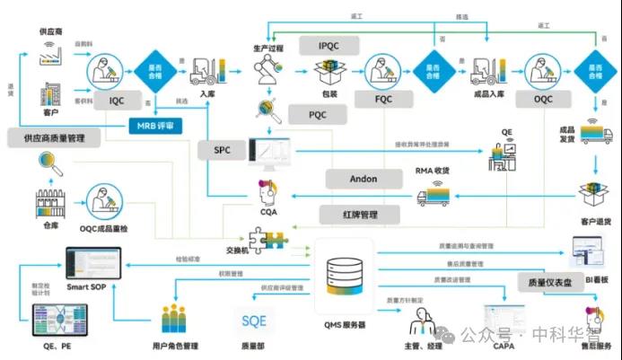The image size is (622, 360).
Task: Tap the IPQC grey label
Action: tap(339, 46)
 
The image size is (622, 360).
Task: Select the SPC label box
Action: tap(223, 150)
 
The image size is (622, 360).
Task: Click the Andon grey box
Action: tap(363, 179)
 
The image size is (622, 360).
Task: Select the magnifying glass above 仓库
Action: tap(49, 164)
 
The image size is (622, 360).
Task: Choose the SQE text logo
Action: tap(253, 319)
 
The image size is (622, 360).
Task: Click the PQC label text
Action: tap(318, 115)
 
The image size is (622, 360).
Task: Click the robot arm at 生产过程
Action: tap(267, 69)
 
